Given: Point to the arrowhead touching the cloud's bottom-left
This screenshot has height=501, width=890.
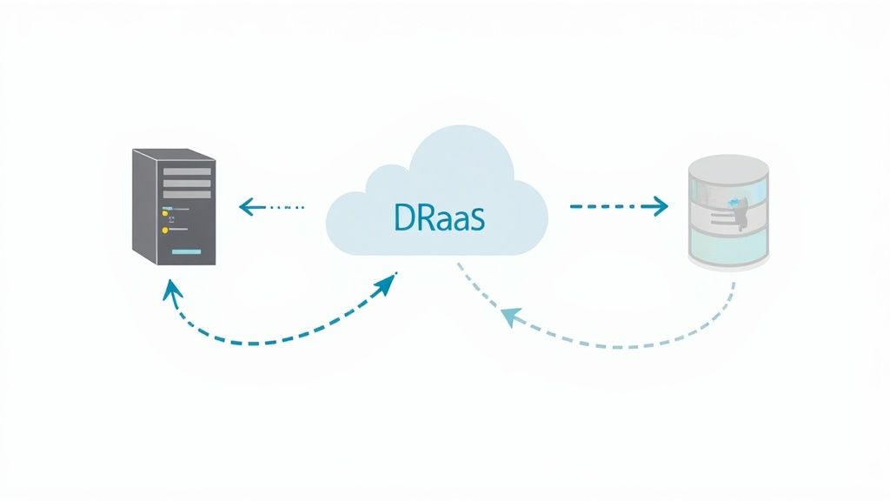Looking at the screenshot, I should point(390,281).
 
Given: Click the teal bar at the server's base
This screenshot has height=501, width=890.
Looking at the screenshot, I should point(191,250).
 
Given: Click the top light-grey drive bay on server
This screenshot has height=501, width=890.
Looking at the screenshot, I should point(187,171).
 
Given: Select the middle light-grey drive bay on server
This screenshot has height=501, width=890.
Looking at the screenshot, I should point(187,184).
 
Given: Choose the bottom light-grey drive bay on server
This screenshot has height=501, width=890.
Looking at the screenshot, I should point(187,196).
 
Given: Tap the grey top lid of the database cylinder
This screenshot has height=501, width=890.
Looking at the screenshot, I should point(728,165).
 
